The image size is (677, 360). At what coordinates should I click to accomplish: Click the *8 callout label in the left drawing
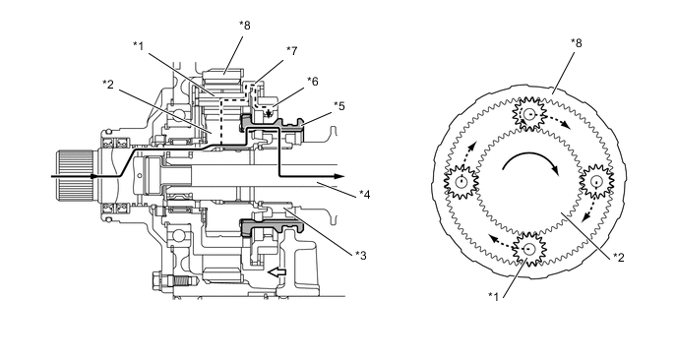[245, 26]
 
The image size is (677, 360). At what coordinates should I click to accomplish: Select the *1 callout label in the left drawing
[138, 46]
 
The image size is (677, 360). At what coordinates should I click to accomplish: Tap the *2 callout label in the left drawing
[108, 85]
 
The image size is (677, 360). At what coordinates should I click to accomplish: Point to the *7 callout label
[292, 51]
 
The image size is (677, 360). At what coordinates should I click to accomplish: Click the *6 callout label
[313, 82]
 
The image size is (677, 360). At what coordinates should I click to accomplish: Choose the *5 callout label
[339, 106]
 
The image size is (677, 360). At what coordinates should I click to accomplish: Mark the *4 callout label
[365, 195]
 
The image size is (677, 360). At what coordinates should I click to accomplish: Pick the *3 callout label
[361, 256]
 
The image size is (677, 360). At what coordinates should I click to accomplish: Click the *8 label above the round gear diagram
[577, 43]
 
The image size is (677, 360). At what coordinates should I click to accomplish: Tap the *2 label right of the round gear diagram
[619, 258]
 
